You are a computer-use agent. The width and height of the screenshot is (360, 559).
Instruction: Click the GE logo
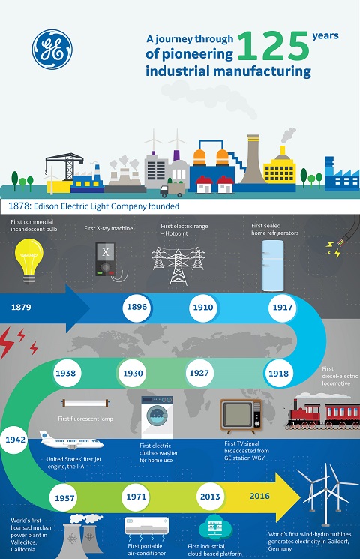pyautogui.click(x=52, y=50)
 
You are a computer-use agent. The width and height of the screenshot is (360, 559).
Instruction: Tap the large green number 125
pyautogui.click(x=273, y=46)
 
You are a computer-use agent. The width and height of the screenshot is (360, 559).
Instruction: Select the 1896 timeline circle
pyautogui.click(x=136, y=307)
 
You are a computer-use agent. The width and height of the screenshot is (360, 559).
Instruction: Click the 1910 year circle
pyautogui.click(x=202, y=308)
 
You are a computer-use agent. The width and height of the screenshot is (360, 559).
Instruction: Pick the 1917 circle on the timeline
pyautogui.click(x=283, y=308)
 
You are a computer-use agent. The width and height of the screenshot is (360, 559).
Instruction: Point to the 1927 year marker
pyautogui.click(x=199, y=373)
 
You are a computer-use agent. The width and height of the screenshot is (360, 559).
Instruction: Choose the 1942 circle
pyautogui.click(x=15, y=440)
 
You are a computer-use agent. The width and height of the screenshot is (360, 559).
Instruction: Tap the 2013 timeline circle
pyautogui.click(x=210, y=497)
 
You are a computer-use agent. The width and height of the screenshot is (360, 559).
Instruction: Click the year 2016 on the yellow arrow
pyautogui.click(x=259, y=496)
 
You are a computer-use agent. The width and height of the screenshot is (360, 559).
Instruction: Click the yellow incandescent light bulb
pyautogui.click(x=28, y=260)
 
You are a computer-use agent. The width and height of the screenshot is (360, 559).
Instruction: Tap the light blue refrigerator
pyautogui.click(x=273, y=266)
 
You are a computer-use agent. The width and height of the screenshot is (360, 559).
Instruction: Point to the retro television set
pyautogui.click(x=241, y=416)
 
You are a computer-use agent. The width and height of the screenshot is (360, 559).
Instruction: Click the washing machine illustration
pyautogui.click(x=157, y=417)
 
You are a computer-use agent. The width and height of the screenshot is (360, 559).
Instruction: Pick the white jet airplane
pyautogui.click(x=71, y=440)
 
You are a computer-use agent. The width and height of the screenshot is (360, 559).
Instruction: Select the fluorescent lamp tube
pyautogui.click(x=85, y=403)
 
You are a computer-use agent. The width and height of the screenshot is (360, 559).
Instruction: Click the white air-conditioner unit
pyautogui.click(x=146, y=526)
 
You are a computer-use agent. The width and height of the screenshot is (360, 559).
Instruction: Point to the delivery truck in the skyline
pyautogui.click(x=172, y=190)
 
